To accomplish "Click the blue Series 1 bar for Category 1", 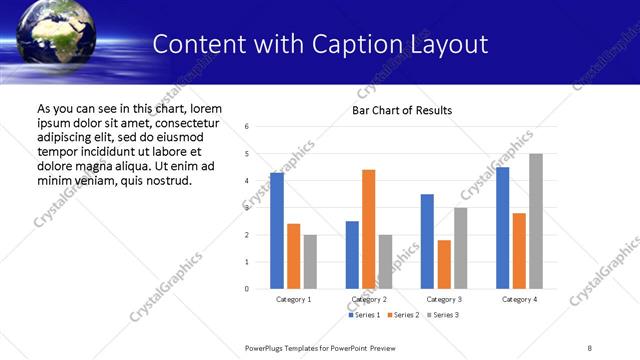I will [x=276, y=231].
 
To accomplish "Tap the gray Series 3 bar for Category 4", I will [x=536, y=221].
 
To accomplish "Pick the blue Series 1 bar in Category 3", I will [x=427, y=241].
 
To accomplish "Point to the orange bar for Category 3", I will [x=444, y=264].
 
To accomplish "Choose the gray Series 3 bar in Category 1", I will [x=310, y=262].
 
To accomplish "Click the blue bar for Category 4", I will [x=502, y=228].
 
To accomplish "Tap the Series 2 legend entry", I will [x=404, y=315].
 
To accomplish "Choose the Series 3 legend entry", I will [x=444, y=315].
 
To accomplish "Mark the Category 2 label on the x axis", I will [x=369, y=299].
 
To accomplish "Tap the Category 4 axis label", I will [x=519, y=299].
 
